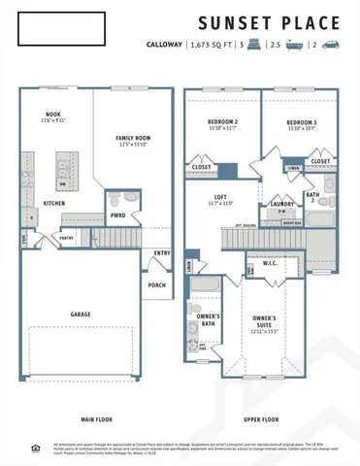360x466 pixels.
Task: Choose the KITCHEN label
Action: click(x=54, y=202)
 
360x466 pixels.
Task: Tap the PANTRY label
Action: click(x=66, y=237)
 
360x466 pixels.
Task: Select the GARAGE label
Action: click(x=81, y=315)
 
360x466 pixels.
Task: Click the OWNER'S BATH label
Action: click(x=208, y=320)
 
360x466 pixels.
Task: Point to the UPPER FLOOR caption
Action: click(x=261, y=419)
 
